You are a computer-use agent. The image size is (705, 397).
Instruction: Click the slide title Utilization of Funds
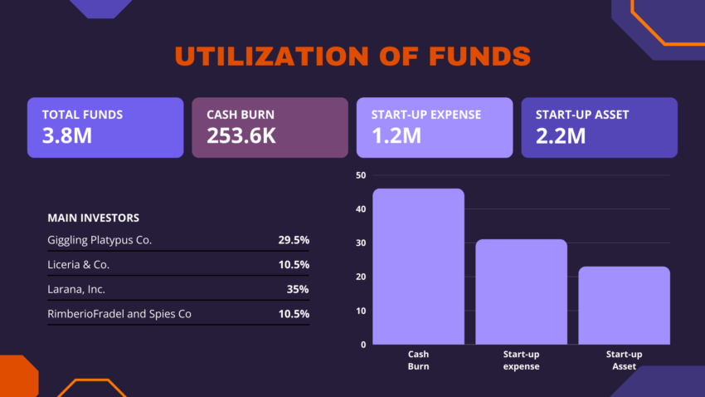(x=352, y=56)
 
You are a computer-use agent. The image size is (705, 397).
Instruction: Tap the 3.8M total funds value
(x=67, y=135)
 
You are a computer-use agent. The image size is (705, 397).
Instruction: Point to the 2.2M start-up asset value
(x=561, y=135)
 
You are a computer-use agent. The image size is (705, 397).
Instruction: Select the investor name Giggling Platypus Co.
(x=100, y=240)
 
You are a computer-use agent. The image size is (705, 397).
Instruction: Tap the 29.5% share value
(x=294, y=240)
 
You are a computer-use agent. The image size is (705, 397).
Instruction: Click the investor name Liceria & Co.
(x=79, y=265)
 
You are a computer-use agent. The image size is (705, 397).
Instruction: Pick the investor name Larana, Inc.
(x=76, y=289)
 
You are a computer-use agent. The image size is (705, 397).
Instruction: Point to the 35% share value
(x=298, y=289)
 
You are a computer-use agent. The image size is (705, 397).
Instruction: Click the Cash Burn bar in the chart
(x=418, y=266)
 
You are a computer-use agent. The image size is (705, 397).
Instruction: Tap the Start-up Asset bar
(x=624, y=305)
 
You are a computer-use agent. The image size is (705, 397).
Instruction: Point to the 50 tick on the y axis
(x=361, y=175)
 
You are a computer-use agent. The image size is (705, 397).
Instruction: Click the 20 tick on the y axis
(x=361, y=277)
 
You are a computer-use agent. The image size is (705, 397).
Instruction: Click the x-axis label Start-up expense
(x=521, y=360)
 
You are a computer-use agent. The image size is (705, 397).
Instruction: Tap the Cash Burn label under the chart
(x=418, y=360)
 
